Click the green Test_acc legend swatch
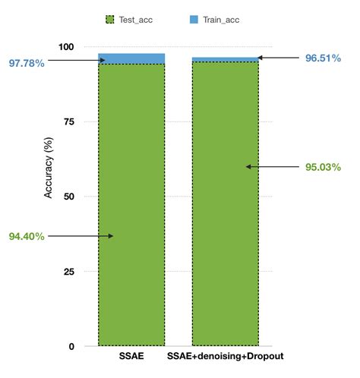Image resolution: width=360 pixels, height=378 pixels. [112, 19]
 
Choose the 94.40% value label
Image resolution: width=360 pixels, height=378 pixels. [27, 236]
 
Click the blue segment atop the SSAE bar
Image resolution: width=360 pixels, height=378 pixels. [131, 58]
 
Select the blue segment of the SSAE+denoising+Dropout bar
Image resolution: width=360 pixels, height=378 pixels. [225, 59]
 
